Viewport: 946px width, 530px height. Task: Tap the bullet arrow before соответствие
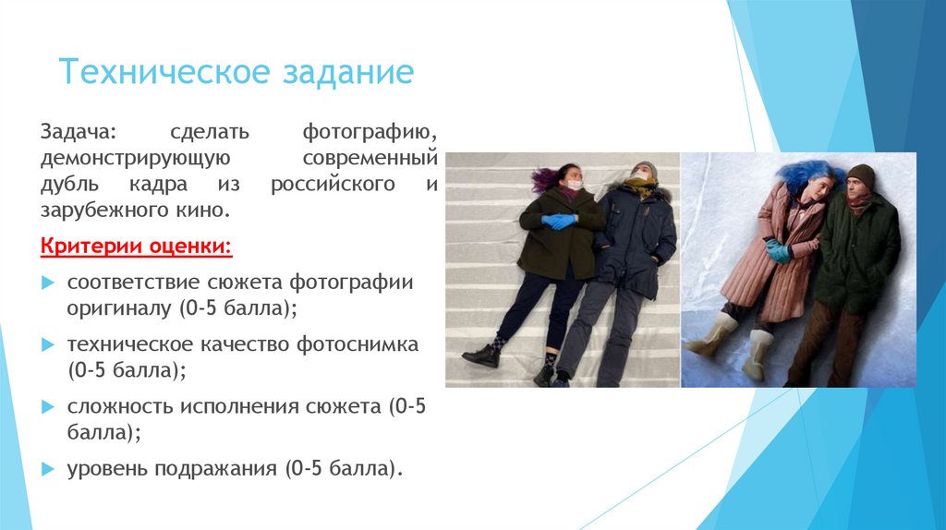(x=47, y=282)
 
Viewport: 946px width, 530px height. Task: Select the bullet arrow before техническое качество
(x=47, y=345)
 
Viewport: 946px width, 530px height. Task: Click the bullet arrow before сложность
(x=47, y=407)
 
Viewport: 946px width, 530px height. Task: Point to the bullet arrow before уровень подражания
(x=47, y=469)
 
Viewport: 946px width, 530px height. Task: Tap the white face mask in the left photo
(x=575, y=185)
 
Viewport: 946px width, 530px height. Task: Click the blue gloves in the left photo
(x=559, y=222)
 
